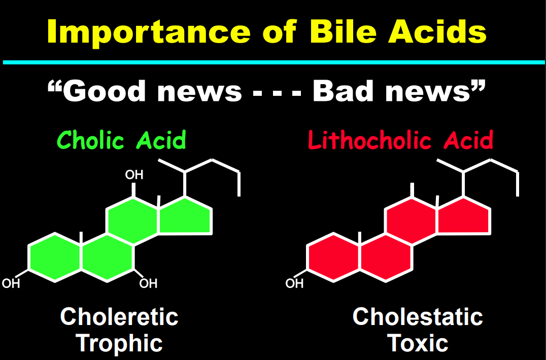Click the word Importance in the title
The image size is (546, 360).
tap(149, 31)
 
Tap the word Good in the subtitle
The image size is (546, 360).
tap(104, 91)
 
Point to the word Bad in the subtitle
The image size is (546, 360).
tap(343, 91)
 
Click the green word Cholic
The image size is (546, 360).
tap(90, 140)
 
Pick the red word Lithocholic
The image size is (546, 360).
tap(370, 140)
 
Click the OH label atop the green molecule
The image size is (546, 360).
tap(134, 174)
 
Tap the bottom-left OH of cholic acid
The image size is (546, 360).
tap(11, 283)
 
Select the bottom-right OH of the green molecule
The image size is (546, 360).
tap(148, 283)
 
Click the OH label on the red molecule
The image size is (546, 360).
tap(294, 283)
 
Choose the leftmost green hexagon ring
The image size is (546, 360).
tap(55, 258)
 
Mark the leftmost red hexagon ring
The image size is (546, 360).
tap(333, 258)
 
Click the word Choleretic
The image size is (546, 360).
tap(119, 317)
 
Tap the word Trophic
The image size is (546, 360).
tap(119, 344)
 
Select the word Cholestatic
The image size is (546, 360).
tap(418, 317)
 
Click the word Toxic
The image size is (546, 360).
tap(418, 343)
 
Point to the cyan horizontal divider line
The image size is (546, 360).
tap(274, 62)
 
